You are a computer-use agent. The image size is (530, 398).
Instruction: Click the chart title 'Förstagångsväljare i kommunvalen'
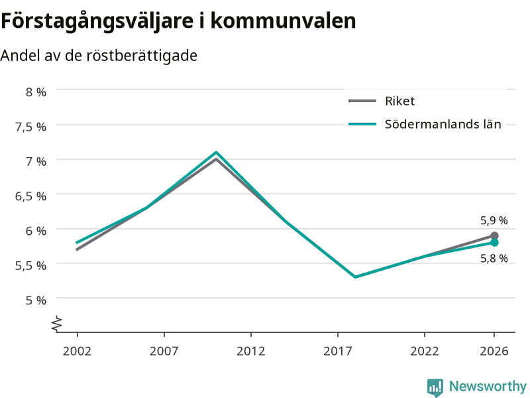click(x=178, y=21)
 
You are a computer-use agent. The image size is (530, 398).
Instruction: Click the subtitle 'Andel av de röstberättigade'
click(x=99, y=56)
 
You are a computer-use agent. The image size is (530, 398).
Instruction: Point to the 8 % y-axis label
click(x=36, y=92)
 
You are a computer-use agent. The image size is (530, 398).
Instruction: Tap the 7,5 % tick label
click(x=30, y=127)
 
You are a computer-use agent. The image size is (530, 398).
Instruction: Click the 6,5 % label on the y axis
click(x=30, y=196)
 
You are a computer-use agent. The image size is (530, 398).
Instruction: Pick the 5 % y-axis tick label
click(x=36, y=300)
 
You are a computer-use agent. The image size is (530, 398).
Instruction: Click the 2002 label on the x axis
click(x=77, y=351)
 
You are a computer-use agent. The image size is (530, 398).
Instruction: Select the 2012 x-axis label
click(x=251, y=351)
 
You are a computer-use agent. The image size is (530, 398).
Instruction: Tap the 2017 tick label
click(x=338, y=351)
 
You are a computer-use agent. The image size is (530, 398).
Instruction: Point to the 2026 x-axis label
click(x=494, y=351)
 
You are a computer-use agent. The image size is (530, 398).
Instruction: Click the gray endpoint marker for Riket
click(x=494, y=236)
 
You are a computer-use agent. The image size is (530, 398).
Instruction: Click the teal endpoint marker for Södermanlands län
click(x=494, y=243)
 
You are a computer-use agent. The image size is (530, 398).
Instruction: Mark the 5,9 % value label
click(x=494, y=221)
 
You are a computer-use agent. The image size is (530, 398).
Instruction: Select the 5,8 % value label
click(x=494, y=259)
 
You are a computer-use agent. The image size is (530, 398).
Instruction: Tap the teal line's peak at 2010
click(x=216, y=153)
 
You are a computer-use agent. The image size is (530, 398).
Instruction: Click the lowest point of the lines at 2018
click(x=355, y=277)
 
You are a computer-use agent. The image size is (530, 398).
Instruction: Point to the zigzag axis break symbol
click(x=57, y=324)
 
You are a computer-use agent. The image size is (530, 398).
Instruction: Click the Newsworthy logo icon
click(x=435, y=387)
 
